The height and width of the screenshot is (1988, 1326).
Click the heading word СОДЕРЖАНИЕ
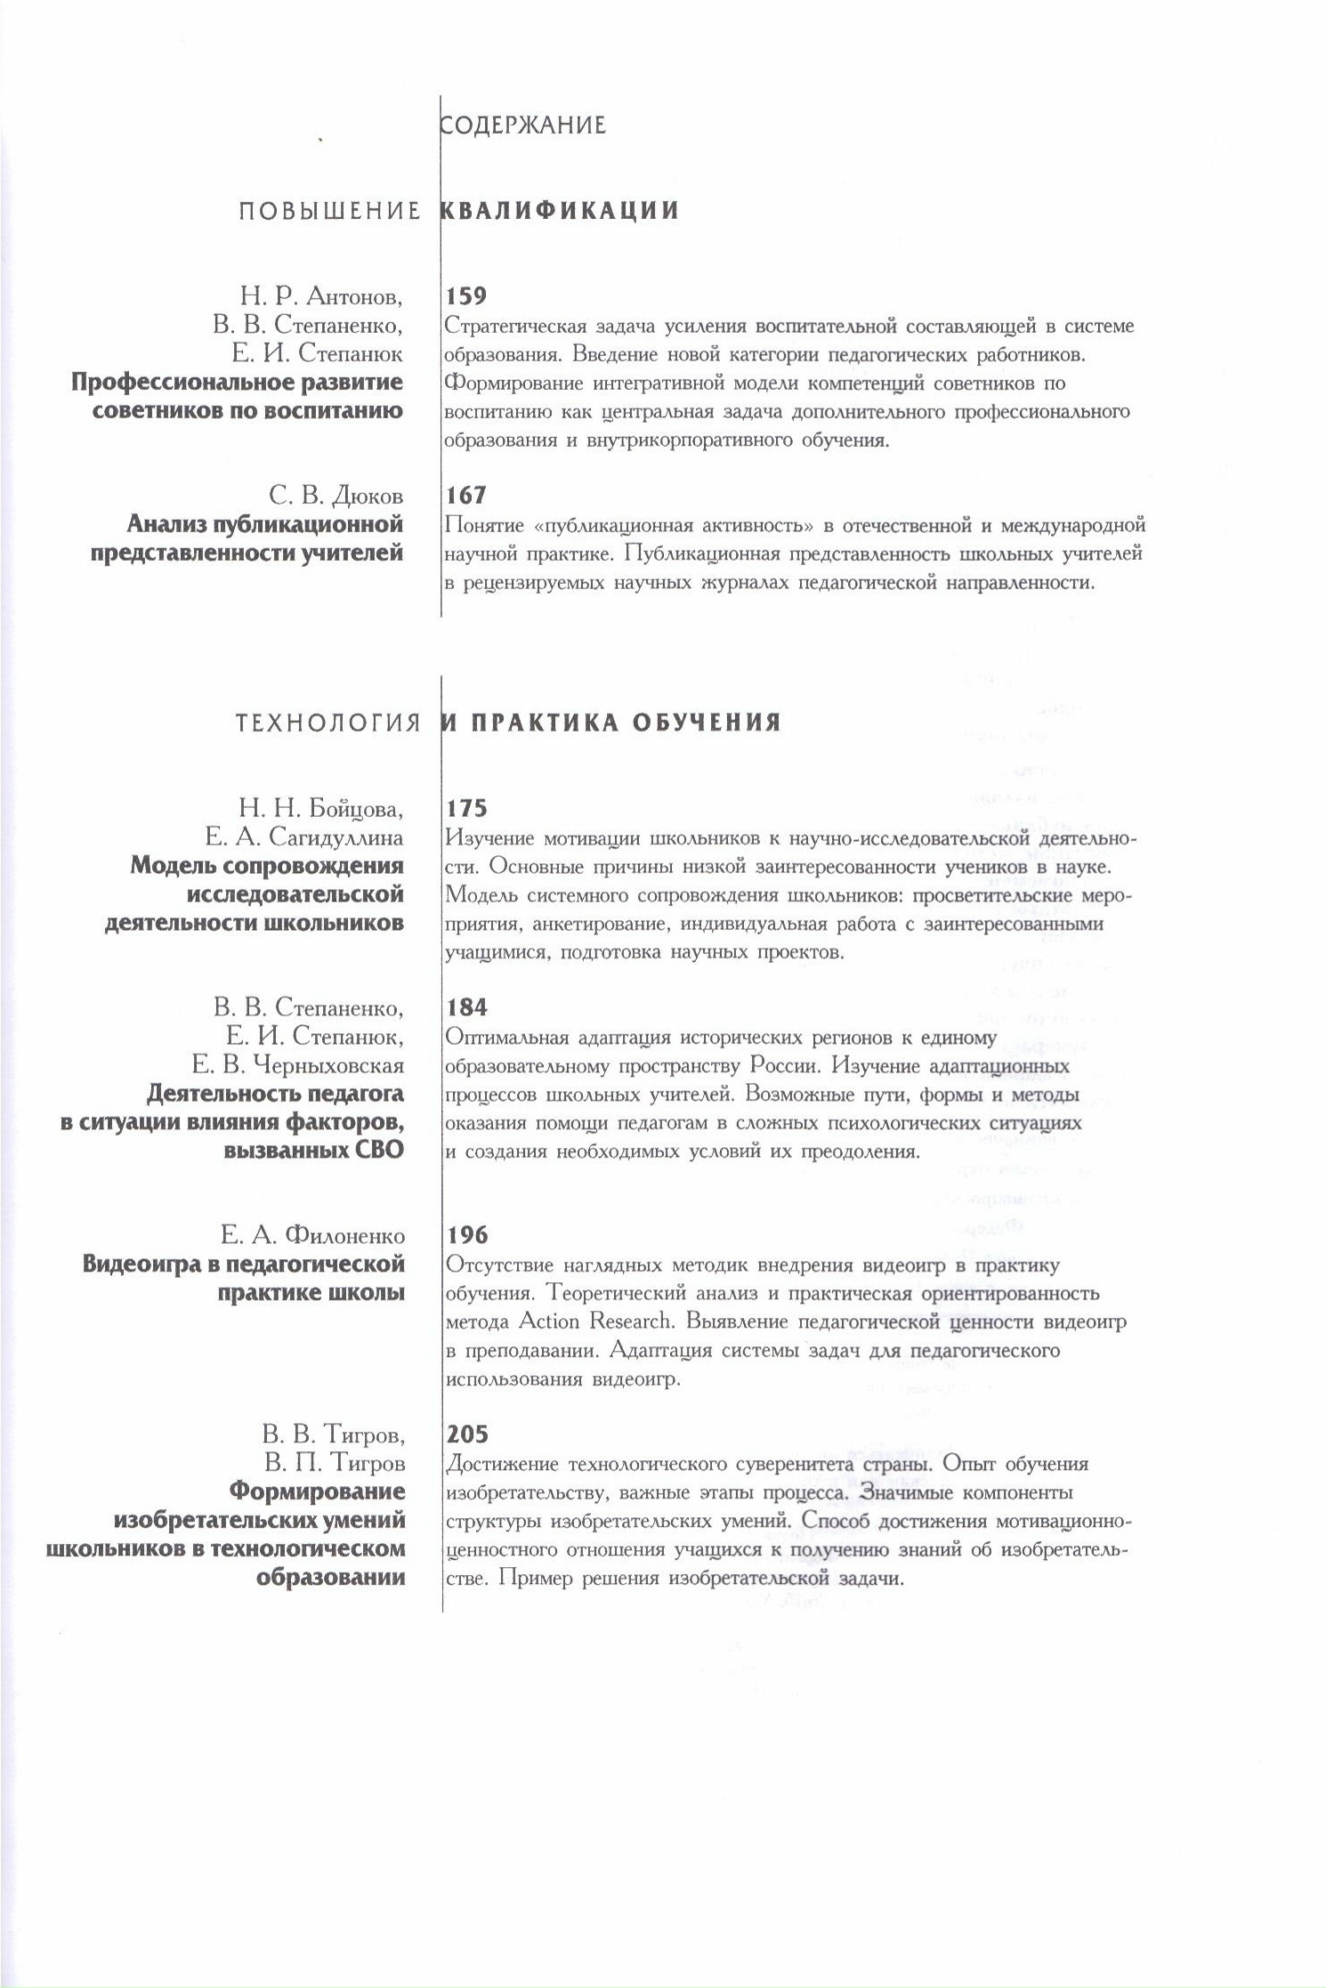pos(523,125)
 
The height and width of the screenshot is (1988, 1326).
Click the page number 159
pos(466,296)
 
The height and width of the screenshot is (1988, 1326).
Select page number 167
pos(466,495)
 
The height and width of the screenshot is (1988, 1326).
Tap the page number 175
pos(466,808)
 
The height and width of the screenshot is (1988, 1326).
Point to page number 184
pos(466,1007)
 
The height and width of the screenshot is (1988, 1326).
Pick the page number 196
pos(466,1235)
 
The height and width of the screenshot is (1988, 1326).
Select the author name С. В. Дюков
pos(336,496)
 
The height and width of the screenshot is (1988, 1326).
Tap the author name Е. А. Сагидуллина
pos(303,837)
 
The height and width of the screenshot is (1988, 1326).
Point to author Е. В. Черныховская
pos(298,1065)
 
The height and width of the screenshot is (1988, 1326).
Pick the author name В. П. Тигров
pos(334,1463)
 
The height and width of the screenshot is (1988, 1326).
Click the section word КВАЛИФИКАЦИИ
pos(561,211)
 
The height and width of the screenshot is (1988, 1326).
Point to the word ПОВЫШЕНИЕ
pos(329,211)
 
